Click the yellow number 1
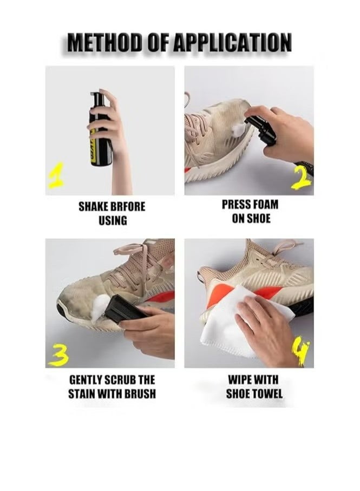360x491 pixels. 56,176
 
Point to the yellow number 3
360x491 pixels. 58,357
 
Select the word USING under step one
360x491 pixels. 113,221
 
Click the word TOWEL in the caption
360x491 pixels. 267,394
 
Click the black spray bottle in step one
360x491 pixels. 100,128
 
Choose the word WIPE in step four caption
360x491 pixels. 239,380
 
